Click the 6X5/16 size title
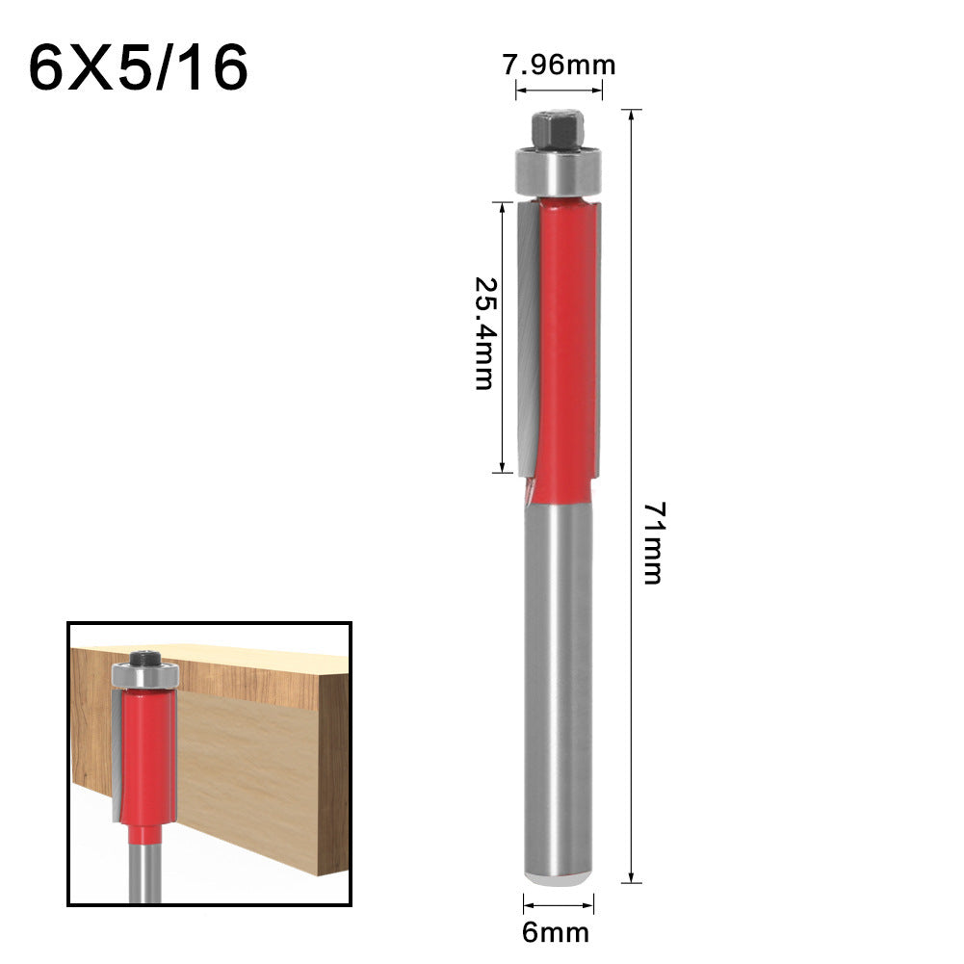(138, 69)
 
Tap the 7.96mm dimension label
(560, 65)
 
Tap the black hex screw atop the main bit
(557, 128)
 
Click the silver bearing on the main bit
(558, 170)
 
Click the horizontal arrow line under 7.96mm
(560, 91)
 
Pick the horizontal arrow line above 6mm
(559, 904)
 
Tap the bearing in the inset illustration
(144, 674)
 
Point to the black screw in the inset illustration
(144, 658)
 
